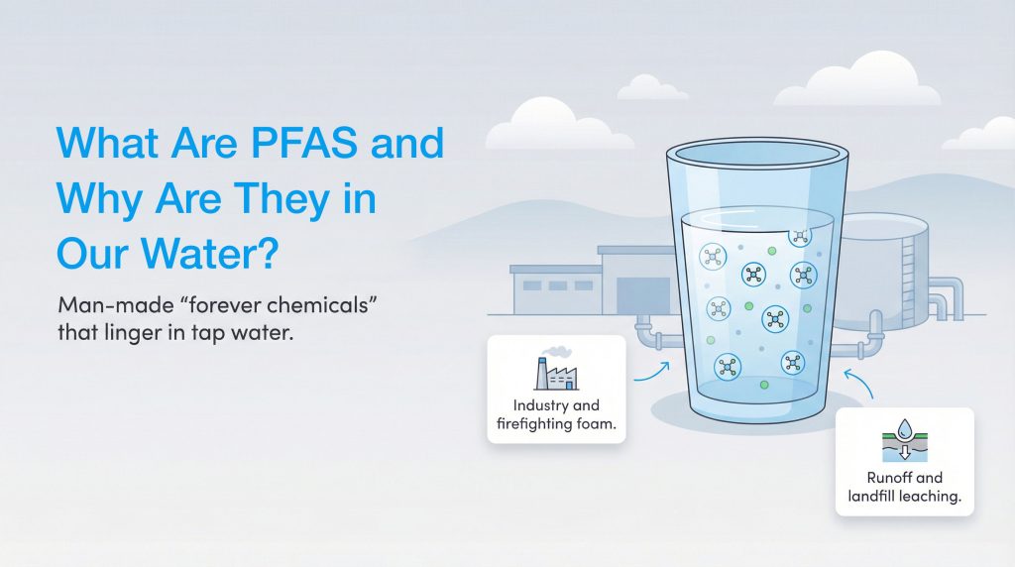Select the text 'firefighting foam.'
[x=556, y=424]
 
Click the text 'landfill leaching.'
[x=904, y=497]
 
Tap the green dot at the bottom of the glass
[x=763, y=384]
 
